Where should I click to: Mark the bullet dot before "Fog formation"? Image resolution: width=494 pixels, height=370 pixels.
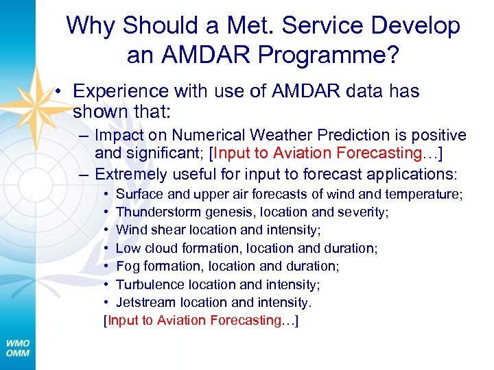pos(107,266)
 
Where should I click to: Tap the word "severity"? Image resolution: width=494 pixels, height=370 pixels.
pos(363,212)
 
